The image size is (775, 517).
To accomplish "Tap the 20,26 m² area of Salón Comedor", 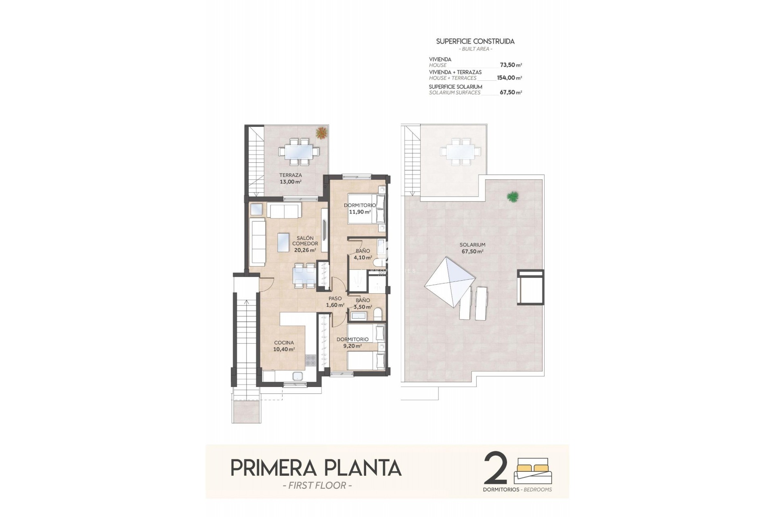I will (305, 250).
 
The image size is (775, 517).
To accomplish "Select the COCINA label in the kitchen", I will (284, 343).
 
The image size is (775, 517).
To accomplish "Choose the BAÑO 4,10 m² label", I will (362, 254).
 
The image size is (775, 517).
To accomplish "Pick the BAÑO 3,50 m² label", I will (362, 303).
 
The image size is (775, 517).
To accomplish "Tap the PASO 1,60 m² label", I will (335, 302).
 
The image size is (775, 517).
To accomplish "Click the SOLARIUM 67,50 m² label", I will (472, 248).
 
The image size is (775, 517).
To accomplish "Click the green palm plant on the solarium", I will (513, 197).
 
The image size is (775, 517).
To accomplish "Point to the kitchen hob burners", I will (310, 360).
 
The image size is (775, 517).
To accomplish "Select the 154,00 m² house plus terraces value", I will (509, 78).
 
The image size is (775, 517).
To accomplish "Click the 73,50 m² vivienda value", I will (511, 65).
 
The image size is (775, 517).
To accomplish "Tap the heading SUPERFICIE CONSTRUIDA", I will (475, 41).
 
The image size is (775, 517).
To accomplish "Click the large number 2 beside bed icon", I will (495, 469).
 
